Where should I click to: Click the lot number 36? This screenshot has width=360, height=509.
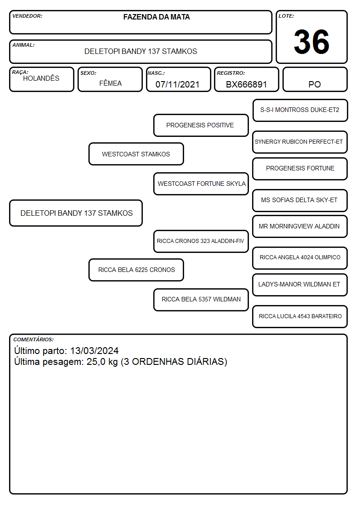311,42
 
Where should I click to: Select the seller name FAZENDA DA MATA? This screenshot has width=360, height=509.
156,17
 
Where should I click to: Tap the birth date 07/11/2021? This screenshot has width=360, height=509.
177,84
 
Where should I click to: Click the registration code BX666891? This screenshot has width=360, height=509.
246,84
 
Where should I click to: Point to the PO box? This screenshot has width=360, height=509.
315,79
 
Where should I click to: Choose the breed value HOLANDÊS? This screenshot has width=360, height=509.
41,78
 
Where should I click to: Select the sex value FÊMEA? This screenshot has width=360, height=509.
110,83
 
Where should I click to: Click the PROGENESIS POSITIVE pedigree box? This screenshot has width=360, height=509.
201,125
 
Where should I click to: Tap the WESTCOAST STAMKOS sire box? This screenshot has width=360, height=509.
136,154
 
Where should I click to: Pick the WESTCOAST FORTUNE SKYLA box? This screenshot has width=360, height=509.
201,184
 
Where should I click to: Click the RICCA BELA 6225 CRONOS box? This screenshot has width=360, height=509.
136,270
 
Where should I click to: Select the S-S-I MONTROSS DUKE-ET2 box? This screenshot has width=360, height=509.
300,111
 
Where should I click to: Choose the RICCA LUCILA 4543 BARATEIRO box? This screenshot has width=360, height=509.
300,316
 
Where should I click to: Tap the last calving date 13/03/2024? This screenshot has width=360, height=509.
94,351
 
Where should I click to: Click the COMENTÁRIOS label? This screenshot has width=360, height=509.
34,339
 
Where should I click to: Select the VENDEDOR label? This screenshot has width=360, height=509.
27,16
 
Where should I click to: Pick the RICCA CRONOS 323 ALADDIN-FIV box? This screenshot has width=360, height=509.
201,241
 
